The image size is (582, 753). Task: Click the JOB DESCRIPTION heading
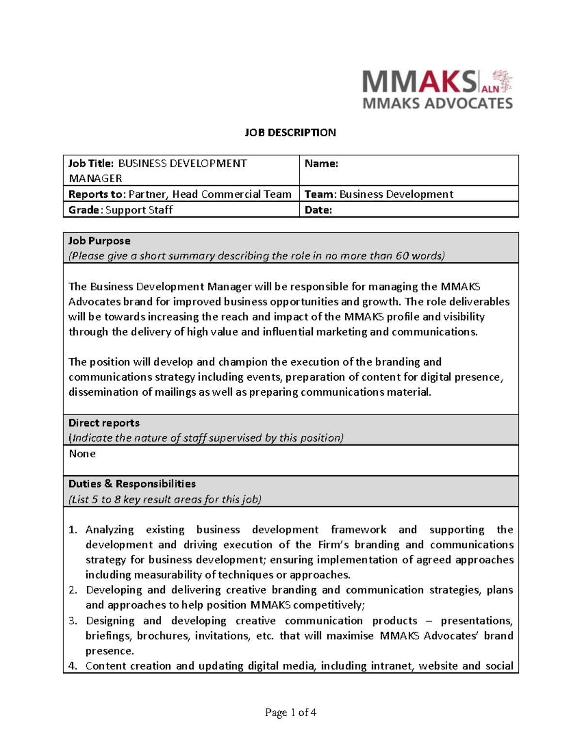click(x=290, y=133)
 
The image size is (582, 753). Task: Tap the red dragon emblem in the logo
click(x=502, y=80)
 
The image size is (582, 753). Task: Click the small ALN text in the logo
click(x=490, y=89)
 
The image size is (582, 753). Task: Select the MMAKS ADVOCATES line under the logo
click(x=437, y=103)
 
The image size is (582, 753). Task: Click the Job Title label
click(x=91, y=164)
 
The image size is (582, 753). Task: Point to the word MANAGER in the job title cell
click(x=95, y=178)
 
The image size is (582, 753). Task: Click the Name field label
click(x=321, y=164)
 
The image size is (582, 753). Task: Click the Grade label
click(x=85, y=210)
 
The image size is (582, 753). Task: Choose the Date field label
click(x=318, y=210)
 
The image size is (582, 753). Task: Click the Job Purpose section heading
click(x=99, y=241)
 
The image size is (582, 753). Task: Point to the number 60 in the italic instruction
click(x=402, y=256)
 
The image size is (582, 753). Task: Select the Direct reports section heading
click(x=104, y=423)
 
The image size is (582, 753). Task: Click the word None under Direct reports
click(x=82, y=454)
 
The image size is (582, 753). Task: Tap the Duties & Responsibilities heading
click(x=132, y=484)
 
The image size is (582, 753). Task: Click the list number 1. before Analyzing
click(x=73, y=530)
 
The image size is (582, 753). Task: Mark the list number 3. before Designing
click(x=73, y=621)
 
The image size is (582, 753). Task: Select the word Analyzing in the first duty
click(x=110, y=530)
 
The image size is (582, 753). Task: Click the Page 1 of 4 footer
click(x=291, y=712)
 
